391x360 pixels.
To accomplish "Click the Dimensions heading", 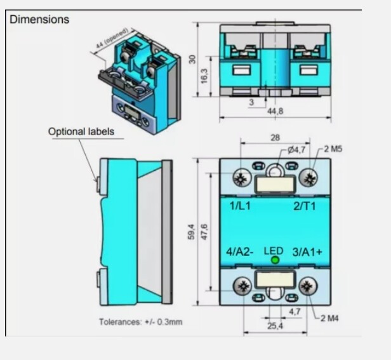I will click(39, 20).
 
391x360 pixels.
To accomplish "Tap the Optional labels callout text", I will click(81, 131).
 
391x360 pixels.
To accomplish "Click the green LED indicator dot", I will click(275, 260).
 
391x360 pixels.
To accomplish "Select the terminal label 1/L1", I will click(241, 206).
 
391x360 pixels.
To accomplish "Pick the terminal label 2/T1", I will click(304, 206).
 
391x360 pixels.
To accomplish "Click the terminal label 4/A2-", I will click(241, 252).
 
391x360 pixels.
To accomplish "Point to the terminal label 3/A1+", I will click(307, 252).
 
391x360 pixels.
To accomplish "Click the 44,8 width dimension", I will click(275, 111).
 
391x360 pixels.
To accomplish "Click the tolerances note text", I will click(140, 322).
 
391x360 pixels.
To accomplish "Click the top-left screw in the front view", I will click(240, 178).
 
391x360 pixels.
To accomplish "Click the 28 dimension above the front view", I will click(274, 137).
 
